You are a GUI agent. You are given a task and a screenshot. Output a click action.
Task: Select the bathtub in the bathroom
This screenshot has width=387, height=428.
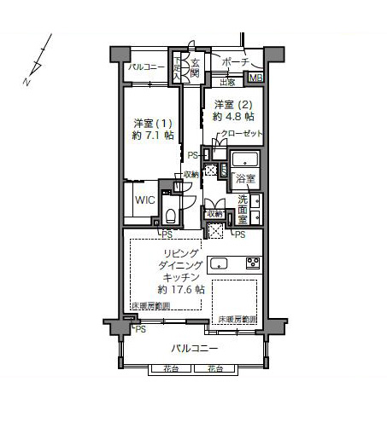(245, 160)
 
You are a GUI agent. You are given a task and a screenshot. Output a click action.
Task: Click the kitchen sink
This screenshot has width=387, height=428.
(217, 262)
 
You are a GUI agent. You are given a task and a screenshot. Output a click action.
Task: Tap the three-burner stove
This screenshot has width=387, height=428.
(252, 262)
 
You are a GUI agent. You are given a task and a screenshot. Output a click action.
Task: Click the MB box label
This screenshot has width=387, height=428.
(255, 78)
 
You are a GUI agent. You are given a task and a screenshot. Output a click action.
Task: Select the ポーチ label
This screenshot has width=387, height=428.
(233, 63)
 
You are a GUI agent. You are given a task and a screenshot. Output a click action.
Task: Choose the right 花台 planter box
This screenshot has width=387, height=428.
(214, 369)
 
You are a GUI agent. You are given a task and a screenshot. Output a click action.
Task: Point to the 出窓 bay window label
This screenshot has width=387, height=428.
(227, 82)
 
